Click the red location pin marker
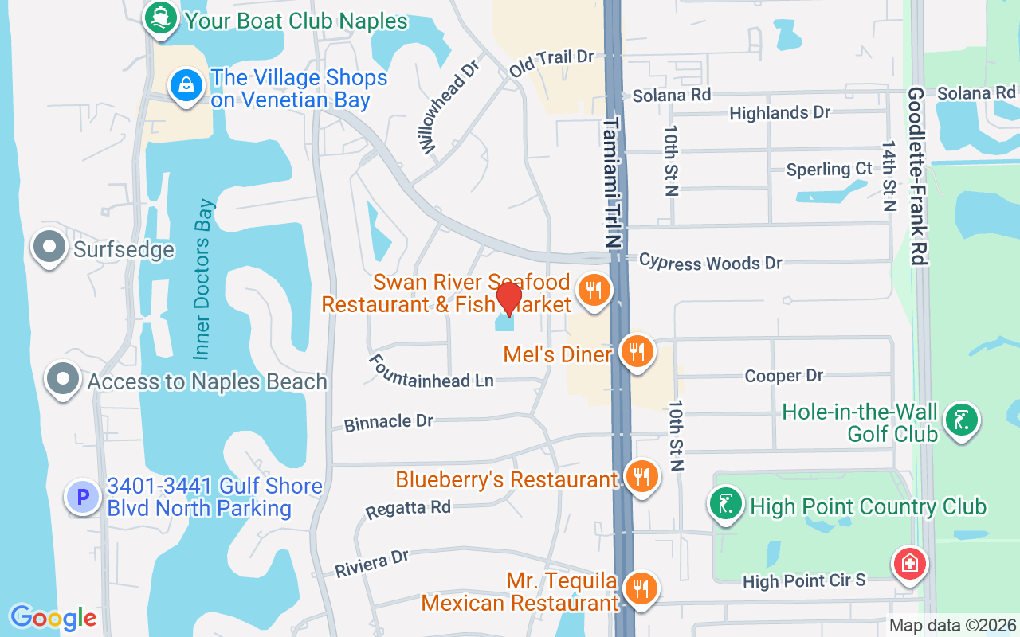tap(508, 299)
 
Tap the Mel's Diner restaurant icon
tap(636, 350)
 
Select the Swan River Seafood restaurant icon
tap(593, 290)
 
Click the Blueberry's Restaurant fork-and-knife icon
tap(641, 476)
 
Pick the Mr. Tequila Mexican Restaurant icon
tap(641, 588)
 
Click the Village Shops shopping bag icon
tap(186, 84)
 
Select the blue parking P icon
tap(83, 498)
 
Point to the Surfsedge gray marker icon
tap(49, 248)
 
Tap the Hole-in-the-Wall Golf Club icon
tap(961, 420)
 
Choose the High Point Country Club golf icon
tap(727, 505)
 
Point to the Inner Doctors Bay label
tap(204, 279)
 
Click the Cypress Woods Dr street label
tap(710, 262)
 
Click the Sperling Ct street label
tap(829, 170)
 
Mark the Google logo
tap(53, 617)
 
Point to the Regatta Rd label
tap(408, 509)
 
